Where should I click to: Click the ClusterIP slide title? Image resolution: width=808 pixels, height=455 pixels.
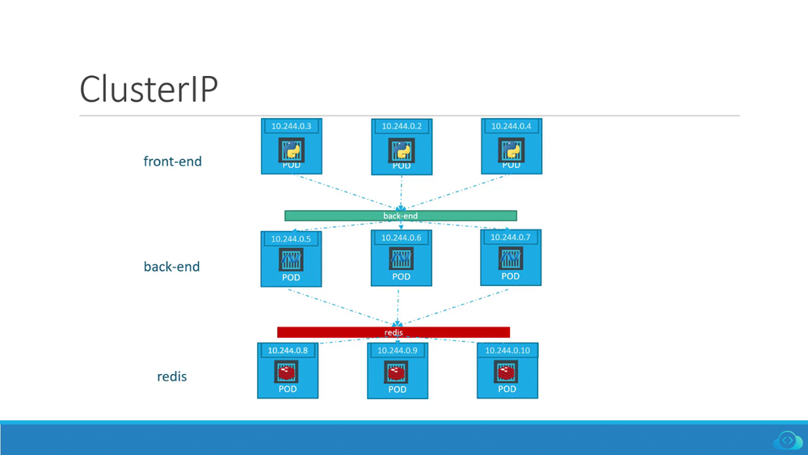click(149, 89)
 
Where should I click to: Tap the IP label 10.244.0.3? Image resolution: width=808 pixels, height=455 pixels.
click(291, 126)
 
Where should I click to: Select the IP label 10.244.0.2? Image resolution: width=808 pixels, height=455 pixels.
click(402, 126)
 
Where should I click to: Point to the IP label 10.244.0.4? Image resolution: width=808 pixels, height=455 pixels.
click(511, 126)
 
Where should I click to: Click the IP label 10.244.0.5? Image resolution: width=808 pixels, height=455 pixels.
click(291, 238)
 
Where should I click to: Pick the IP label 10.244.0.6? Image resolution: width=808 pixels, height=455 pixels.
click(402, 238)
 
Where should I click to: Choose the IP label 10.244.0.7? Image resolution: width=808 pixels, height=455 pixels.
click(511, 238)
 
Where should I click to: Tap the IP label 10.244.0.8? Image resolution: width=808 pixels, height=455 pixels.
click(288, 351)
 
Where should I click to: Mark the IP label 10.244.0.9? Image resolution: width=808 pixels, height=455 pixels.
click(398, 351)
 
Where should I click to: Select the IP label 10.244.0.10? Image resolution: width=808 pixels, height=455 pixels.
click(507, 351)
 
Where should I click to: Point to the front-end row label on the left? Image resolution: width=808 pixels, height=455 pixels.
click(172, 161)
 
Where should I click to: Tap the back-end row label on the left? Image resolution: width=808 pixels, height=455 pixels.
click(171, 266)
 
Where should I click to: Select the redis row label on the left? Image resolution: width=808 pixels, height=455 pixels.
click(171, 376)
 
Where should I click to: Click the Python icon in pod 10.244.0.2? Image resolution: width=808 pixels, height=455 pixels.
click(402, 150)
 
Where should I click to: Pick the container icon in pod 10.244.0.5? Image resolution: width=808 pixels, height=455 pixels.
click(291, 259)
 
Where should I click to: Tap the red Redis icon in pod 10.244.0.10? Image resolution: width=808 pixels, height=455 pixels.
click(507, 372)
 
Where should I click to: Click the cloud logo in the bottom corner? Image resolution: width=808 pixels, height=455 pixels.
click(787, 440)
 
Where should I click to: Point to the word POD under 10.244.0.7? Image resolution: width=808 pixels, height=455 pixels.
click(511, 276)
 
